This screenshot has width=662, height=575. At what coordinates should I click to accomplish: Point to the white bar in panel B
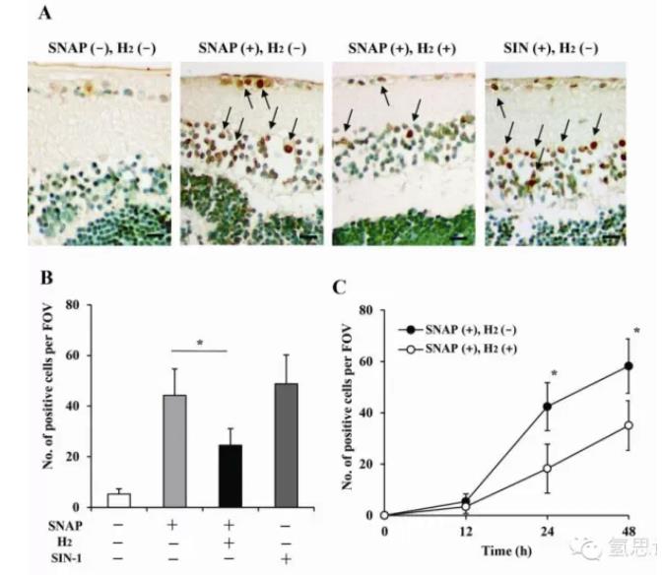[x=119, y=500]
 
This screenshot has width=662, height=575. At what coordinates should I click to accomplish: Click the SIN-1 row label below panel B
[x=63, y=558]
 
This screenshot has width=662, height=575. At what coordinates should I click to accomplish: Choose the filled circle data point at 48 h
[x=628, y=366]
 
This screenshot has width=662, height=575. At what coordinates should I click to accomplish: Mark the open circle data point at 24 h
[x=547, y=469]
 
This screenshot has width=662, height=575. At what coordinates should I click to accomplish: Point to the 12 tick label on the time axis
[x=466, y=532]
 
